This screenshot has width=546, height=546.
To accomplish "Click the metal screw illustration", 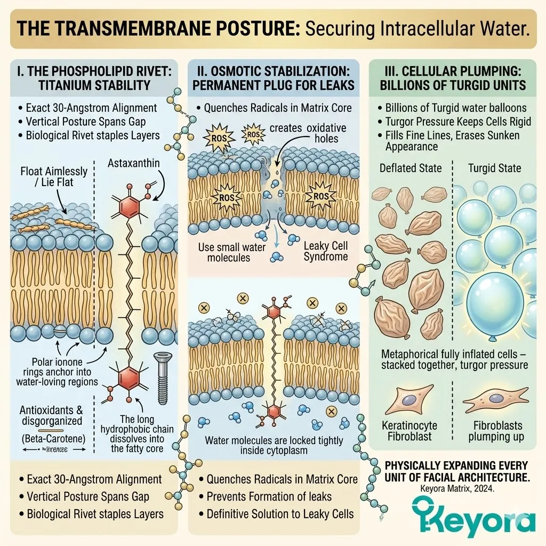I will click(x=162, y=373).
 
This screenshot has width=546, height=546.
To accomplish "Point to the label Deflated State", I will click(x=411, y=168).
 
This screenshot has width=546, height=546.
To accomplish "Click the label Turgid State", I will click(x=494, y=168).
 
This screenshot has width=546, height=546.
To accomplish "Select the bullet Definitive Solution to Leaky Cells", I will click(x=280, y=514).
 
